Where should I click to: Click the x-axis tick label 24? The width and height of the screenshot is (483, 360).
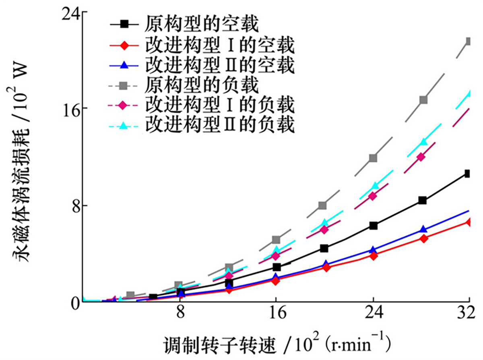(x=373, y=312)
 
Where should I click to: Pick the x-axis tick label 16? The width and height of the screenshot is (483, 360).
(x=276, y=312)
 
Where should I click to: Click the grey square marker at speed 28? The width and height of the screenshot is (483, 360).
(x=423, y=100)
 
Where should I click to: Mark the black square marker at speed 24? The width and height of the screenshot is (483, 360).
(x=373, y=226)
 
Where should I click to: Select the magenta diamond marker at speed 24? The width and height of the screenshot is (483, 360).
(x=373, y=196)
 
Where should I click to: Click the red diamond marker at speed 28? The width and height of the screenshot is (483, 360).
(x=423, y=238)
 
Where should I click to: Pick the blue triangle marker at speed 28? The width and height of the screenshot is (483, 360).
(x=423, y=230)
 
